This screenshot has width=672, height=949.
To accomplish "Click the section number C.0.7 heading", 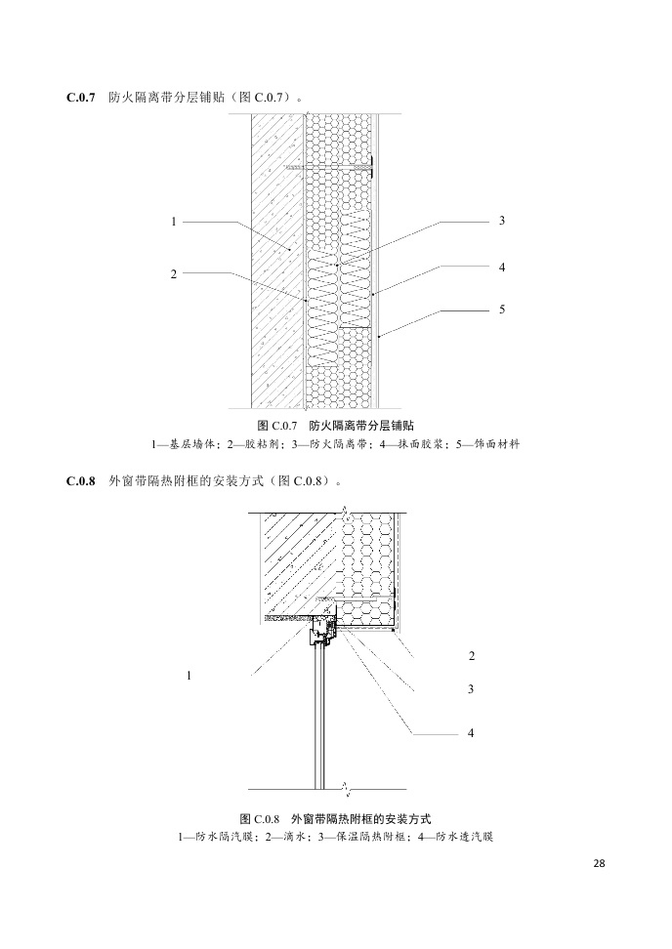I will pos(80,98).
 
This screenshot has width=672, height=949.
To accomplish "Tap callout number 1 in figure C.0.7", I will pos(173,222).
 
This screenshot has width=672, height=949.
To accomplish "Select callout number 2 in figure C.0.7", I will pos(173,274).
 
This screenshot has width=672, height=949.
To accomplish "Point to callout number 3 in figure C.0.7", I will pos(501,222).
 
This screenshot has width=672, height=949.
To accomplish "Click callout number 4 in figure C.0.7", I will pos(501,266).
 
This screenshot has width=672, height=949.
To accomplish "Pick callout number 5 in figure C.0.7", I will pos(501,309).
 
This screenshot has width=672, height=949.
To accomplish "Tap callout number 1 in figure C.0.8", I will pos(189,675).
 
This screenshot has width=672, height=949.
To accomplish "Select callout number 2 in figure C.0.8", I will pos(472,655).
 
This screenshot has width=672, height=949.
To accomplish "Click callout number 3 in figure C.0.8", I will pos(472,689).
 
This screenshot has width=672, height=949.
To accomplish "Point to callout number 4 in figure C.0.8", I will pos(472,732).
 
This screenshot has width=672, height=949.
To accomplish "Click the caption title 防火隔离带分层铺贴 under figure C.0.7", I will pos(360,427).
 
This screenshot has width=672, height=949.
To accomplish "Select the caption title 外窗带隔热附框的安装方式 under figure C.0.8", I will pos(361,818).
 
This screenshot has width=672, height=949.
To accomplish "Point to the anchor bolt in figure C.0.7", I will pos(332,169).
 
